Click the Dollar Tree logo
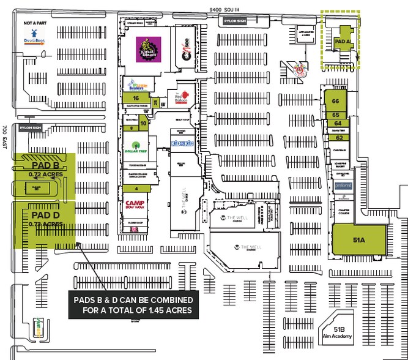coord(133,147)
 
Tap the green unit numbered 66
coord(335,101)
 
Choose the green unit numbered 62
coord(338,138)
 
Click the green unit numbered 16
coord(136,97)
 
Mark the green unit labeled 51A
coord(358,240)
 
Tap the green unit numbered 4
coord(136,188)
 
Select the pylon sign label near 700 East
coord(29,127)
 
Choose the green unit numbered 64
coord(337,123)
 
